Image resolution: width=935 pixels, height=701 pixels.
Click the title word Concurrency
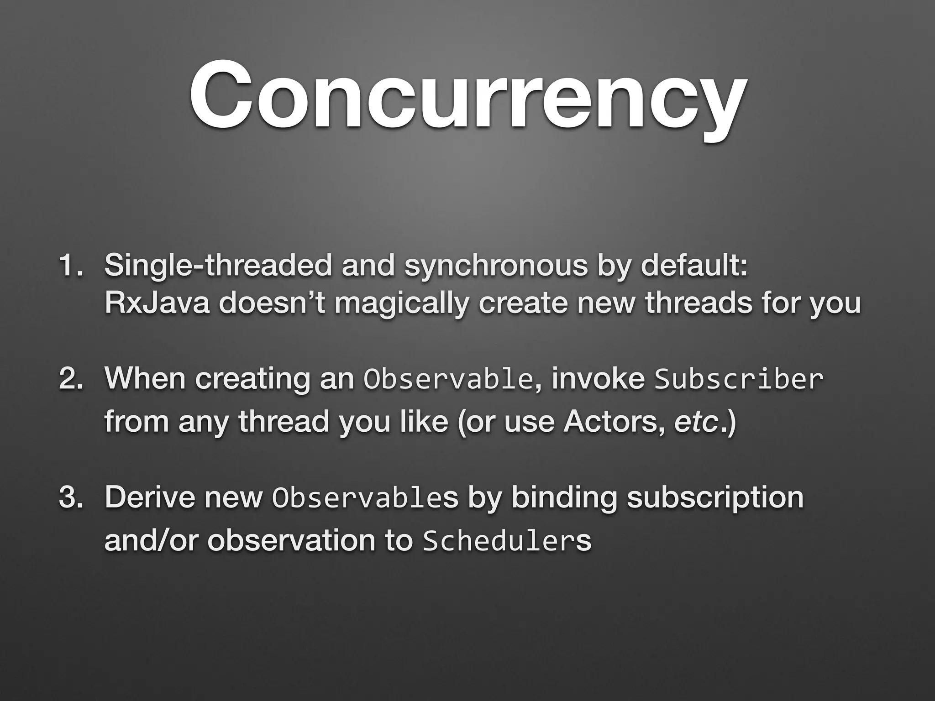[x=467, y=98]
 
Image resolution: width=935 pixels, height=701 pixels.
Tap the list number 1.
[x=69, y=266]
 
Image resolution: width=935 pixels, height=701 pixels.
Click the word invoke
[x=598, y=378]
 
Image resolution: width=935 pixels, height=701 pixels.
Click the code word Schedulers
[x=507, y=541]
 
